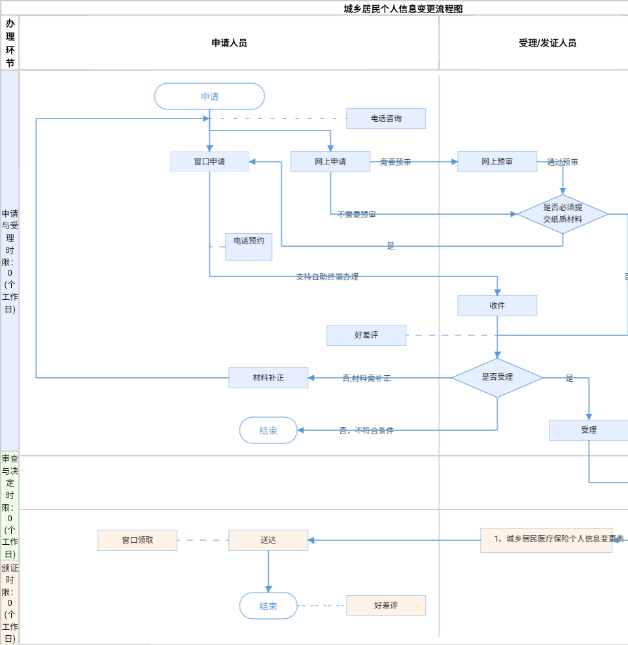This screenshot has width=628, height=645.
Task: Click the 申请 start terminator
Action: pos(209,96)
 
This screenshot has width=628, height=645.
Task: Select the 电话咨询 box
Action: pos(386,119)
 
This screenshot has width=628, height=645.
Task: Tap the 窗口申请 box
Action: pos(209,162)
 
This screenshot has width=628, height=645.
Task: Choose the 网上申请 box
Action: pos(330,162)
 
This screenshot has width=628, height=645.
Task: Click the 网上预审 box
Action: pos(497,162)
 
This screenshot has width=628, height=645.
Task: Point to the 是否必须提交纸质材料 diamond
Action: pos(563,214)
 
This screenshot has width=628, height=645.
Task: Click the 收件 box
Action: pos(497,306)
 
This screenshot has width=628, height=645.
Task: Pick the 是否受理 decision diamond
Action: pos(497,377)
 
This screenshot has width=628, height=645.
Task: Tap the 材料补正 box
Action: pos(268,378)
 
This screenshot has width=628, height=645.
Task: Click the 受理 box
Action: pos(589,430)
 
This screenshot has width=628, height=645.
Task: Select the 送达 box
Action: pos(268,540)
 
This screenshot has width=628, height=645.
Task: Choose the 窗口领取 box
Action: pos(137,540)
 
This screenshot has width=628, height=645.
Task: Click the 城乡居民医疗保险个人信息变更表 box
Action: pos(546,540)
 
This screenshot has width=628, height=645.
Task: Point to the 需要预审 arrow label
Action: pos(396,162)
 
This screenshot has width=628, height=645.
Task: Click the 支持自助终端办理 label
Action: pos(327,277)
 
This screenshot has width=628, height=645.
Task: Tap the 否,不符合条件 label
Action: pos(366,431)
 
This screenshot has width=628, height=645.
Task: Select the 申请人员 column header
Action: pos(229,43)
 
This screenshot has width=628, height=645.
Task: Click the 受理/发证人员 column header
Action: pos(548,43)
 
